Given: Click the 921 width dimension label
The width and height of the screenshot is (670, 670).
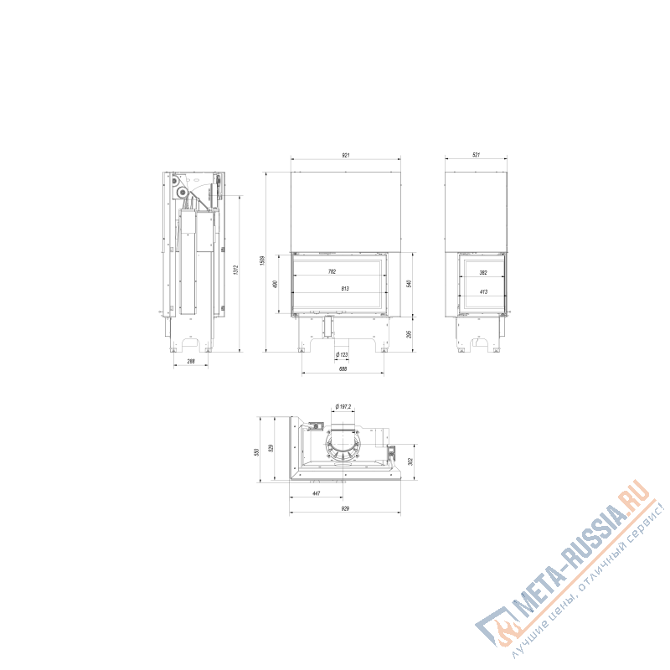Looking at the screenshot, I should click(x=345, y=155).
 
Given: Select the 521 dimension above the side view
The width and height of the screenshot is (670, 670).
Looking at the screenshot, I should click(x=476, y=155).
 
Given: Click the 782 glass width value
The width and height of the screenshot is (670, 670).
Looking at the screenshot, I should click(x=332, y=271).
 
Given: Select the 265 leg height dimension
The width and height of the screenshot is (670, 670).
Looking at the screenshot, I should click(x=410, y=334).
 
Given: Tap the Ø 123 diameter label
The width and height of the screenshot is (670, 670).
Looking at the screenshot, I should click(x=343, y=355).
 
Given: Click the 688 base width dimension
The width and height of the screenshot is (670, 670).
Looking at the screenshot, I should click(x=343, y=369).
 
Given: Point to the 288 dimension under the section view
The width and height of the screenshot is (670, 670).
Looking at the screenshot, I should click(x=191, y=362).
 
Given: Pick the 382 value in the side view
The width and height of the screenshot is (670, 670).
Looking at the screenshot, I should click(x=483, y=272).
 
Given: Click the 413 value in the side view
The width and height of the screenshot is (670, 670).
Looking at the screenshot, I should click(x=483, y=291).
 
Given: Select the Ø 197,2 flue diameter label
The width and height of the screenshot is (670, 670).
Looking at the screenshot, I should click(x=343, y=406).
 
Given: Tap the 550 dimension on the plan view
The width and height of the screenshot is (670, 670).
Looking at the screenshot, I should click(x=257, y=451).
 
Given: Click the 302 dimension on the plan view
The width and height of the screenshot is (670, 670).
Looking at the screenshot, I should click(x=410, y=461).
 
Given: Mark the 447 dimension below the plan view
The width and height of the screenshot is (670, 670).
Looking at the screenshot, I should click(x=316, y=494).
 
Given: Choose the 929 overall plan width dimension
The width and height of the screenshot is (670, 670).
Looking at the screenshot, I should click(x=344, y=508).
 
